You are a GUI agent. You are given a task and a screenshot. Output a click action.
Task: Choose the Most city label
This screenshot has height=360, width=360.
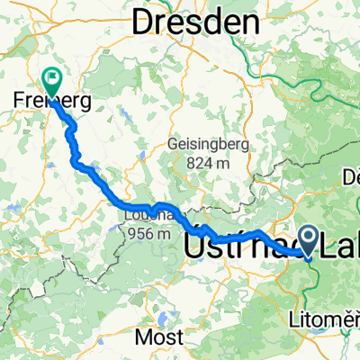tap(157, 337)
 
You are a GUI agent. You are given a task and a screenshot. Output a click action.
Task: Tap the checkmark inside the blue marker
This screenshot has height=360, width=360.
tap(308, 238)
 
